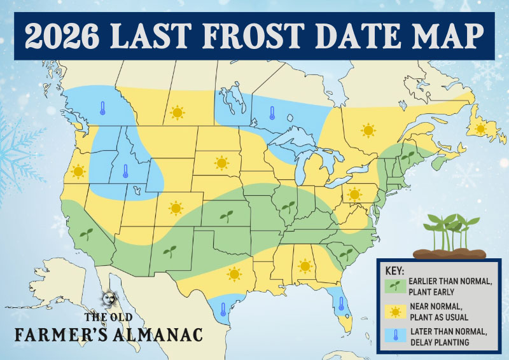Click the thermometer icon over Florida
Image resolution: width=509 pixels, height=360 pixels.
click(341, 303)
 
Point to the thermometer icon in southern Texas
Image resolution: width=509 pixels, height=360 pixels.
click(223, 310)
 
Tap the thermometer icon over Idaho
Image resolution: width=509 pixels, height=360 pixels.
click(125, 172)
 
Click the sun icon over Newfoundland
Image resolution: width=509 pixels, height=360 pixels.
click(480, 128)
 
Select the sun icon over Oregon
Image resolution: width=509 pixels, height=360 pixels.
click(78, 171)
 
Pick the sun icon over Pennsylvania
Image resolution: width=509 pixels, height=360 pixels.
click(354, 194)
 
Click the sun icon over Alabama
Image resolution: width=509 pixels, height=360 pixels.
click(305, 265)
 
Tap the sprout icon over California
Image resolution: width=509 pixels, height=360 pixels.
click(86, 234)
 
